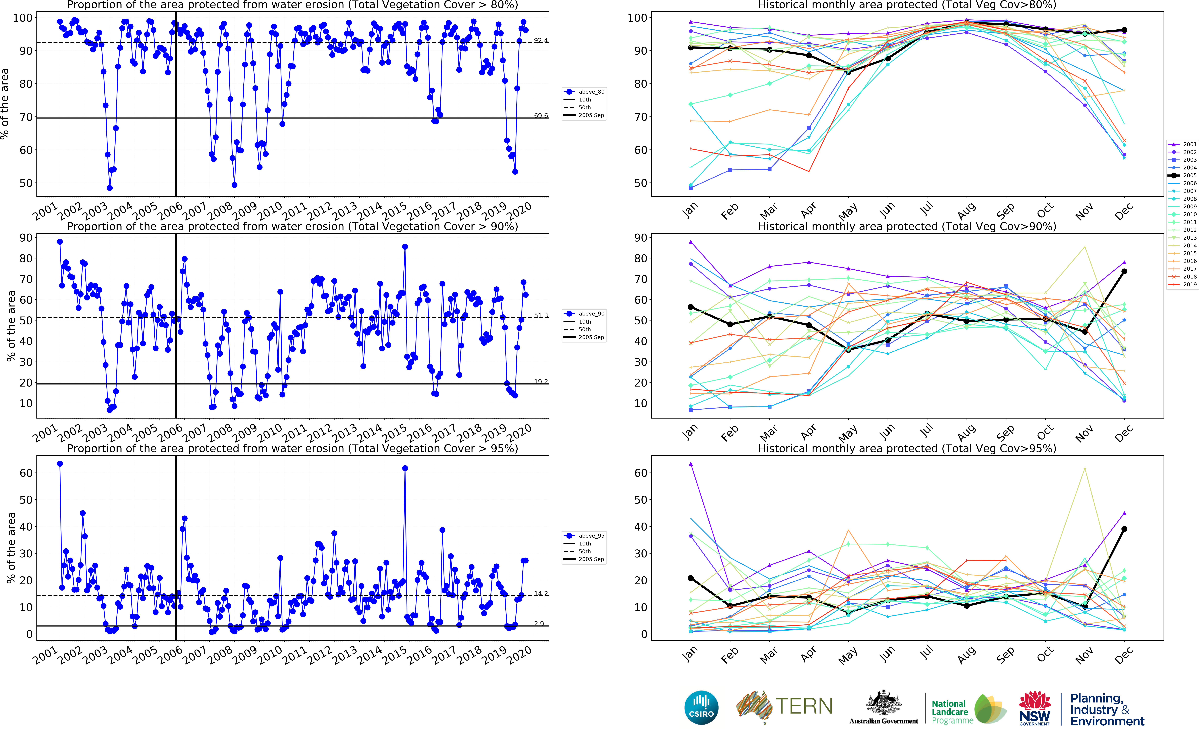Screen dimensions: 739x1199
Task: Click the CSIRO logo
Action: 701,707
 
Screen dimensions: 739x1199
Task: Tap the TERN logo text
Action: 804,706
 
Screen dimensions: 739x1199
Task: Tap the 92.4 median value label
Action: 541,40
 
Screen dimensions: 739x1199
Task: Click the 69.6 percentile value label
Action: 541,116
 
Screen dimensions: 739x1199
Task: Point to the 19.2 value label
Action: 541,382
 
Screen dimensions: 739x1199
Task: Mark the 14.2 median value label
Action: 541,593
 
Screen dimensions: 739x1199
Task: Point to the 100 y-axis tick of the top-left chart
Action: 23,18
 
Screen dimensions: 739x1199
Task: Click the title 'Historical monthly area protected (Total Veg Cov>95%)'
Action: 907,448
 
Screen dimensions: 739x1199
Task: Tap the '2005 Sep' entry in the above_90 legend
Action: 591,337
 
